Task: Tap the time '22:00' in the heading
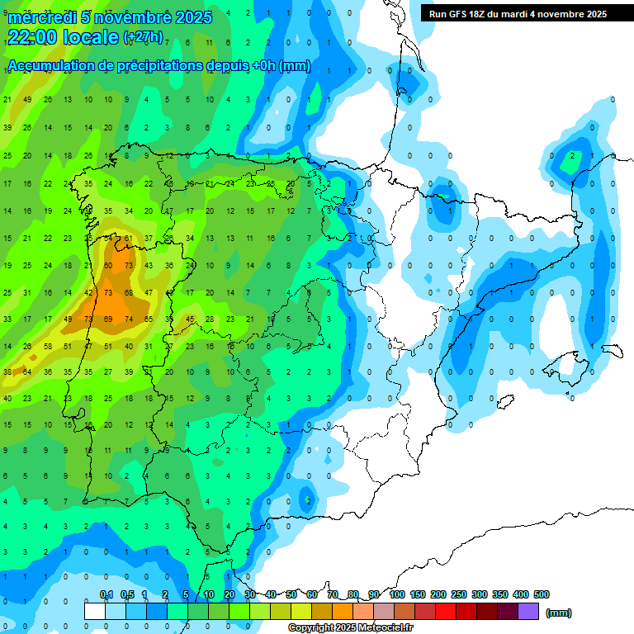coord(33,37)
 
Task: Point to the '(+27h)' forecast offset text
coord(142,37)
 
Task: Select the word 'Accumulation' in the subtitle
coord(50,66)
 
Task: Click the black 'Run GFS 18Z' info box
coord(518,13)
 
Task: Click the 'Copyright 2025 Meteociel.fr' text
coord(351,628)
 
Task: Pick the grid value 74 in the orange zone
coord(129,319)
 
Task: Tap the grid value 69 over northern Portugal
coord(108,319)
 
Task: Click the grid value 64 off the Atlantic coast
coord(27,372)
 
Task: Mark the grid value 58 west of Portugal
coord(47,346)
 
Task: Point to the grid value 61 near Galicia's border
coord(129,239)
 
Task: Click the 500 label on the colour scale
coord(542,594)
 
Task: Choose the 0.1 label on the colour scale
coord(106,594)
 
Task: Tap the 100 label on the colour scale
coord(397,594)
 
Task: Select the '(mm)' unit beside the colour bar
coord(559,613)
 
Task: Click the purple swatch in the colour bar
coord(528,611)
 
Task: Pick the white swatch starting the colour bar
coord(95,611)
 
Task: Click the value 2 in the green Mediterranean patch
coord(572,156)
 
